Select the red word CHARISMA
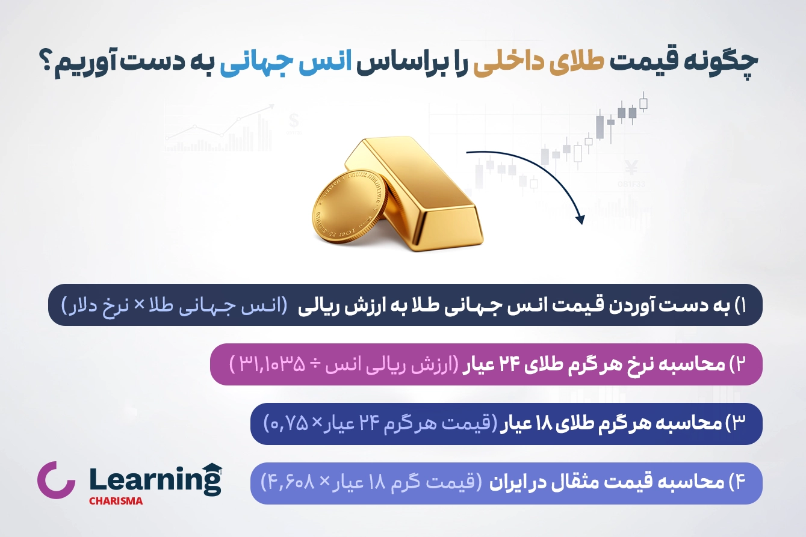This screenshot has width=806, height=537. click(x=116, y=501)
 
